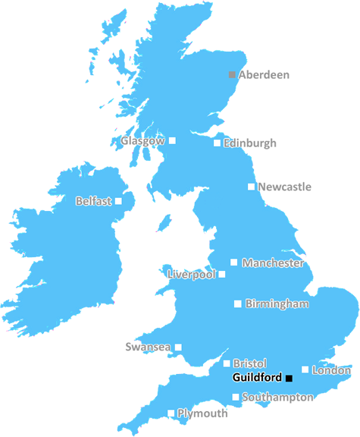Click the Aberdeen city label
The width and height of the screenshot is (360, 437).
pyautogui.click(x=264, y=75)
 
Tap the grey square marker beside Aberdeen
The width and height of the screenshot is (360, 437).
pyautogui.click(x=233, y=74)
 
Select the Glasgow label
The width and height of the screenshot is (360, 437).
pyautogui.click(x=142, y=141)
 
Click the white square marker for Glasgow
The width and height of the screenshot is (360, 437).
pyautogui.click(x=173, y=140)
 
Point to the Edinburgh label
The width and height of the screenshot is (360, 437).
pyautogui.click(x=250, y=143)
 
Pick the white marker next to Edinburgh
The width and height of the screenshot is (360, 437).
pyautogui.click(x=218, y=143)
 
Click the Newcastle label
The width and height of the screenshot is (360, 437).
pyautogui.click(x=284, y=187)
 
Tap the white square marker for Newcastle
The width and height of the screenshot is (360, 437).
pyautogui.click(x=252, y=187)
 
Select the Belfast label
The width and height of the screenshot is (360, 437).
pyautogui.click(x=94, y=202)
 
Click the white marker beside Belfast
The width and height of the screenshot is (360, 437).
pyautogui.click(x=119, y=202)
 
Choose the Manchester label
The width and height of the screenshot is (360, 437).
pyautogui.click(x=273, y=263)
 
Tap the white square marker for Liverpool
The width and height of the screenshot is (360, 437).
pyautogui.click(x=222, y=275)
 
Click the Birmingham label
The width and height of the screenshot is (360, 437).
pyautogui.click(x=277, y=304)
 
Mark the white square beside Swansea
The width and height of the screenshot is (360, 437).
pyautogui.click(x=179, y=347)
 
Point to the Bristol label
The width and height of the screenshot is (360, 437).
pyautogui.click(x=249, y=364)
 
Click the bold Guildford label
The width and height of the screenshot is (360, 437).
pyautogui.click(x=258, y=377)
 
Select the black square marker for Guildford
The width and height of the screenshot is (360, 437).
pyautogui.click(x=289, y=378)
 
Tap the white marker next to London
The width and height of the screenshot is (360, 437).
pyautogui.click(x=305, y=370)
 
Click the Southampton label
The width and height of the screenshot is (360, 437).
pyautogui.click(x=277, y=397)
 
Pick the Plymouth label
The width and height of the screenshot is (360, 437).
pyautogui.click(x=202, y=413)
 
